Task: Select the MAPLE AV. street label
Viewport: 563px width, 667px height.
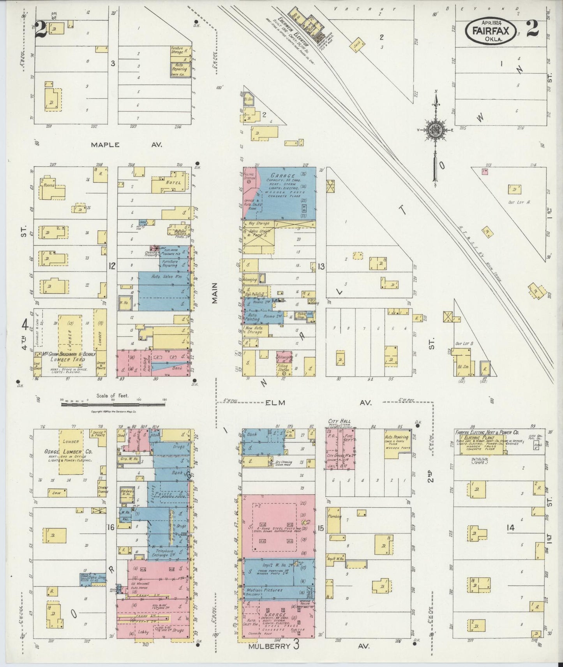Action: pyautogui.click(x=126, y=144)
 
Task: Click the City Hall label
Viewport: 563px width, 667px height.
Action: pyautogui.click(x=339, y=421)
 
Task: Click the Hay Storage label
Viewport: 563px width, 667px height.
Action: pyautogui.click(x=258, y=223)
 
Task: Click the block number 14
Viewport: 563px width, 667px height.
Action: pyautogui.click(x=511, y=528)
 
